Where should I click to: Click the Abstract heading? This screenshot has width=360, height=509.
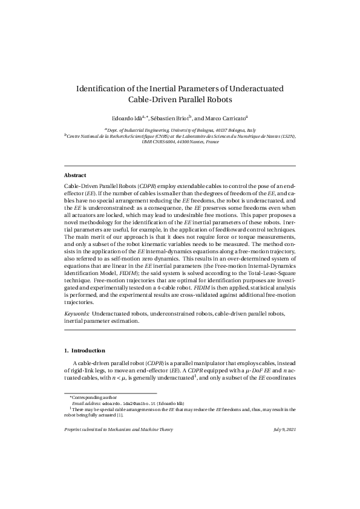coord(75,175)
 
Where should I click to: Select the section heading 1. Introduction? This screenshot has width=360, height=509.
coord(85,351)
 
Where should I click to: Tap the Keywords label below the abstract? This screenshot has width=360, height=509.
coord(77,314)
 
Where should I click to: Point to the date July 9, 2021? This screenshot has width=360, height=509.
coord(284,429)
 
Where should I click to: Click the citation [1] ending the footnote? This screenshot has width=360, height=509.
coord(120,415)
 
